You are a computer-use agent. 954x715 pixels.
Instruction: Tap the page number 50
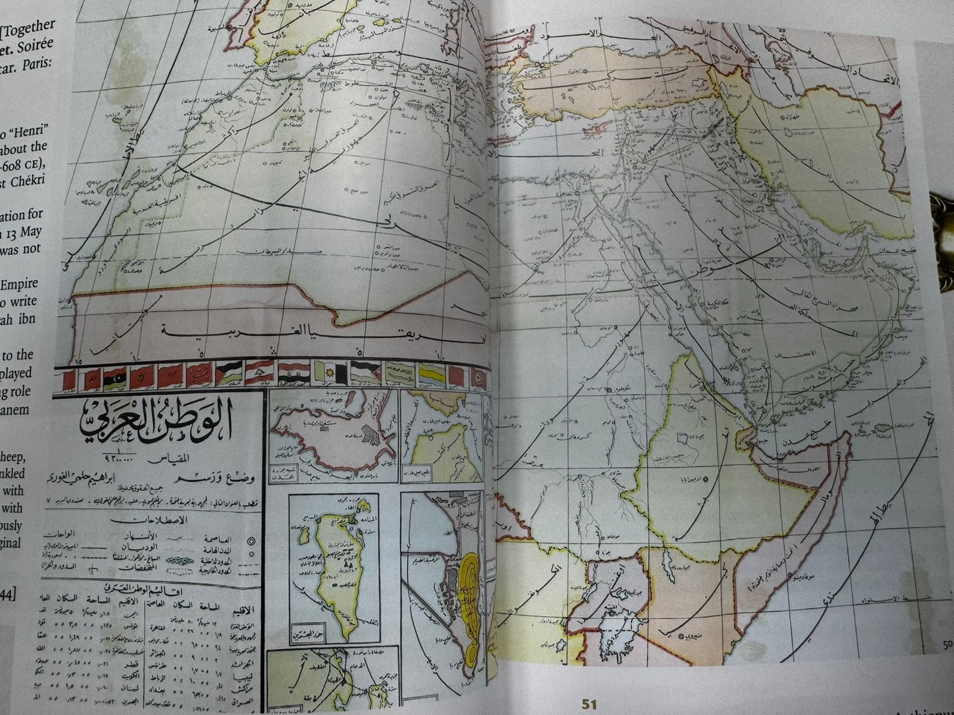coord(947,643)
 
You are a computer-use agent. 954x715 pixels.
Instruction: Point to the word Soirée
coord(36,45)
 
